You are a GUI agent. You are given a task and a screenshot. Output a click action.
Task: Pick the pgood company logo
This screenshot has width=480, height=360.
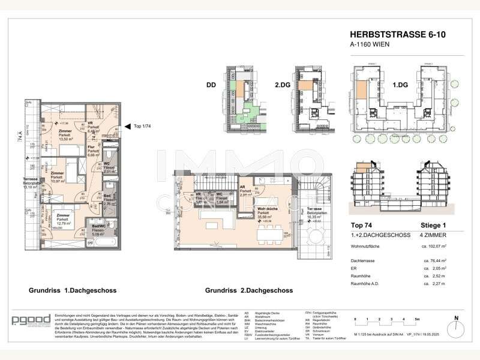pos(26,319)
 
